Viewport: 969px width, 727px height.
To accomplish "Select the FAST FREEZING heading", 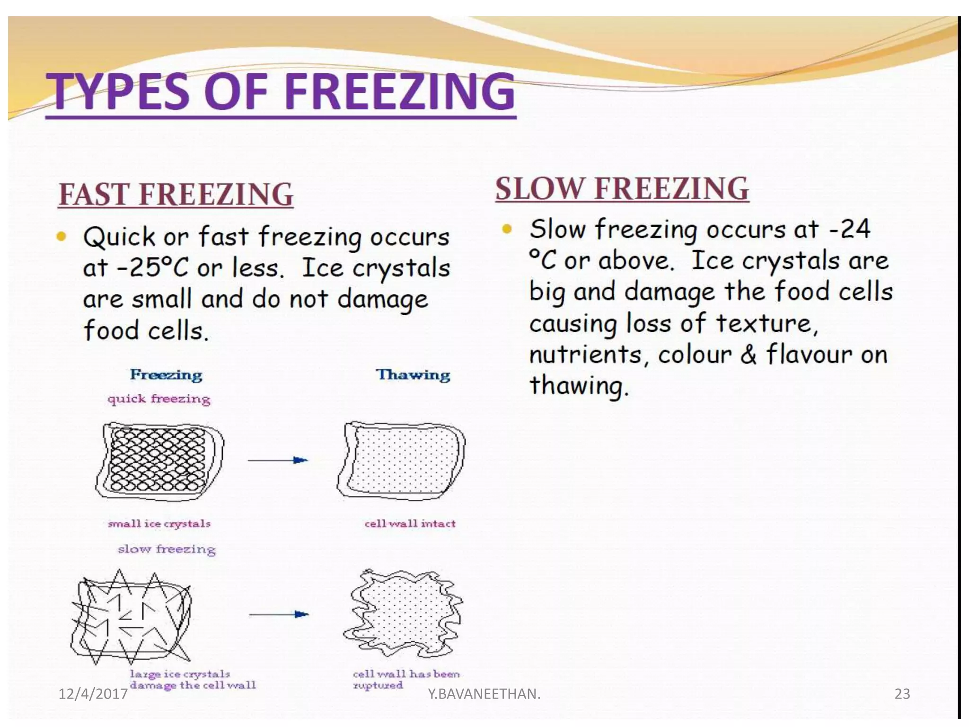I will point(176,195).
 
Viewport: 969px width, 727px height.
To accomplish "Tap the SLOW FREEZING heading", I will point(622,188).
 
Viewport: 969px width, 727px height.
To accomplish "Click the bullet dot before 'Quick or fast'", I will point(61,236).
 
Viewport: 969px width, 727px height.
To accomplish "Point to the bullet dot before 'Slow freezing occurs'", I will point(507,230).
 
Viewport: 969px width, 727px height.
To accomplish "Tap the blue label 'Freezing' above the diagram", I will point(166,375).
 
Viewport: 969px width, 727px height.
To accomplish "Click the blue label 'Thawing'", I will point(413,375).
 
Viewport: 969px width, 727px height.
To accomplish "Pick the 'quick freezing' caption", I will point(159,399).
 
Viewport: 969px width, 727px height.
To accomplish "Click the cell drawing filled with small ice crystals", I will point(159,461).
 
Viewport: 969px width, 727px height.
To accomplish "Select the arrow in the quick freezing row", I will point(278,460).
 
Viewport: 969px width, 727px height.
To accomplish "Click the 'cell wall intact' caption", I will point(410,523).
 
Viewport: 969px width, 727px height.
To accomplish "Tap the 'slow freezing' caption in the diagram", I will point(167,549).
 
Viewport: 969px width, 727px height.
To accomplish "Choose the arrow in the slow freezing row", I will point(279,614).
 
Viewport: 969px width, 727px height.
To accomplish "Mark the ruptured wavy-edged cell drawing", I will point(403,614).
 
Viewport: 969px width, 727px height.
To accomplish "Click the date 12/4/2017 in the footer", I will point(93,694).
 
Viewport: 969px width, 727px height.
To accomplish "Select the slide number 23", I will point(902,694).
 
